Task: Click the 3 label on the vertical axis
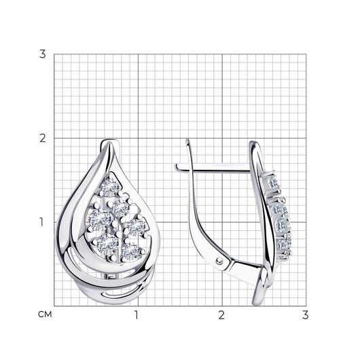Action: [43, 54]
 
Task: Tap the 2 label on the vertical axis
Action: [43, 138]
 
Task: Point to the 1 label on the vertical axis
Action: [41, 222]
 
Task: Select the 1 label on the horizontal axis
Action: [137, 315]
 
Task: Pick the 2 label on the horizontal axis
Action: [221, 315]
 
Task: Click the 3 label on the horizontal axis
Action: [306, 315]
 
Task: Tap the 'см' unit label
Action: [45, 314]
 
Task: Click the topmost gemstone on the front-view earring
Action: [110, 187]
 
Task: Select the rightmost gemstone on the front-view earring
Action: [137, 227]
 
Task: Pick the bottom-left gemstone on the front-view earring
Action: [107, 245]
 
